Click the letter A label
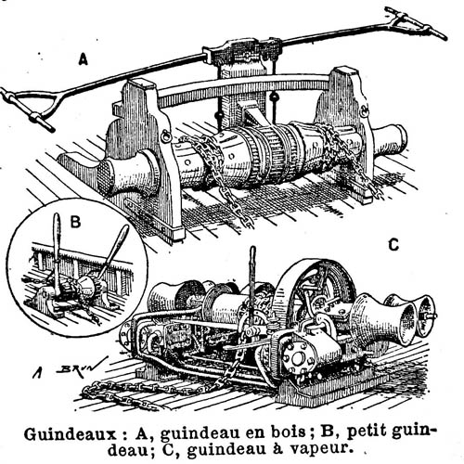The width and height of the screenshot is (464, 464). click(x=83, y=59)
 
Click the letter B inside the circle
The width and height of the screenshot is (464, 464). click(x=76, y=222)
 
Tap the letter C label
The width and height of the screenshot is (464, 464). click(x=393, y=245)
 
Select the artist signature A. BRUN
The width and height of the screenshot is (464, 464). click(x=69, y=368)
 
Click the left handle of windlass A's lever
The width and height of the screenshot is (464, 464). click(x=28, y=109)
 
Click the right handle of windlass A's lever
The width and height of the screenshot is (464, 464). click(x=415, y=22)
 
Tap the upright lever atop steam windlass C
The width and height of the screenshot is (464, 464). click(x=252, y=278)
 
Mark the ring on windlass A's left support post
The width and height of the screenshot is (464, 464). click(x=165, y=136)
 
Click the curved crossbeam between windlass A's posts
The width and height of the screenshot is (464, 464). click(x=244, y=85)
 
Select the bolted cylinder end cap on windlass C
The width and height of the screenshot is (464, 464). click(x=298, y=359)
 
